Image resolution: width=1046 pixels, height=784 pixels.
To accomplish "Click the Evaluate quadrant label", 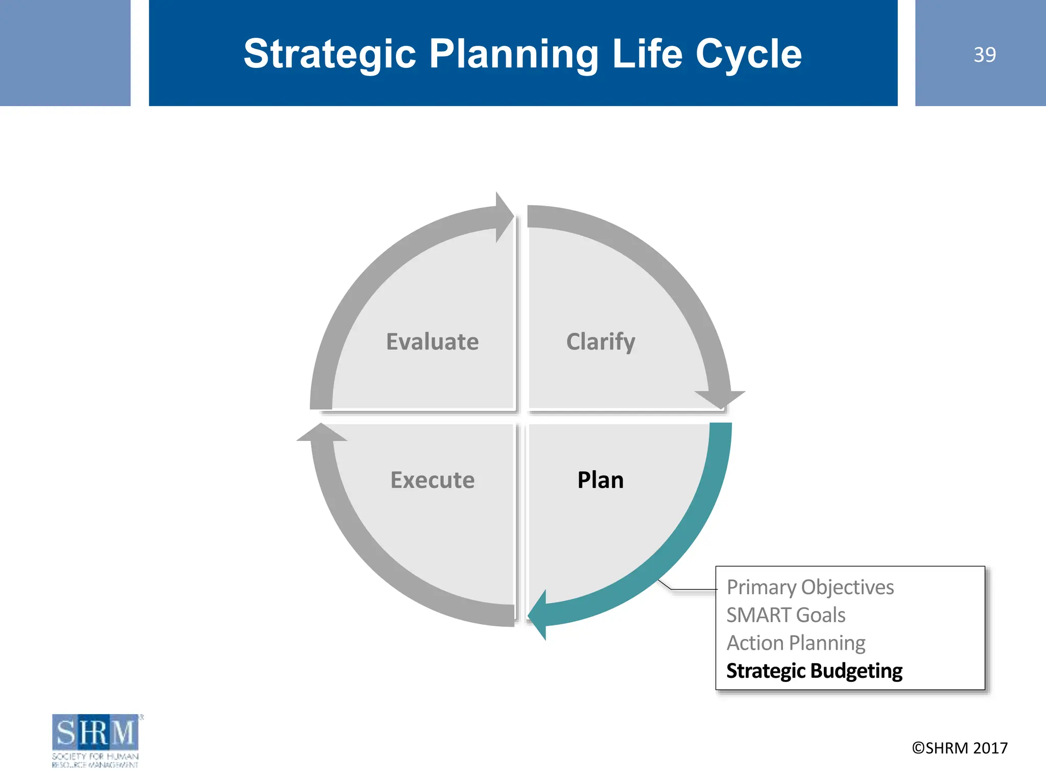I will (x=432, y=341).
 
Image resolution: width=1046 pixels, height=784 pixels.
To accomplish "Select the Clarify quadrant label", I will (x=601, y=341).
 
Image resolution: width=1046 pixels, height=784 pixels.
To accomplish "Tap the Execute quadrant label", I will (x=432, y=480).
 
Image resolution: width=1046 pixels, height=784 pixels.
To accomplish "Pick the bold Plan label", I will (x=600, y=480).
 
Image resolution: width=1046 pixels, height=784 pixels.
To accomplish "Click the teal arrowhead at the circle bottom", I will (x=538, y=615).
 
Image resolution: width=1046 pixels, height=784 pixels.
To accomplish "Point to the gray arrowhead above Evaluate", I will (x=504, y=217).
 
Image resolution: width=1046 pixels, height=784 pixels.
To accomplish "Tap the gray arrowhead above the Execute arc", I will (x=322, y=433).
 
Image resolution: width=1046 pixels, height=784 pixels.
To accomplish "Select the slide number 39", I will (x=984, y=55).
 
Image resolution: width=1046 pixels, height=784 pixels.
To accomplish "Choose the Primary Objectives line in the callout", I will (x=810, y=587).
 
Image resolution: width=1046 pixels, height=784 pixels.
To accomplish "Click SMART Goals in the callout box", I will (x=786, y=615).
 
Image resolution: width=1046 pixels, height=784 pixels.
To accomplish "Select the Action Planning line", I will (x=796, y=643).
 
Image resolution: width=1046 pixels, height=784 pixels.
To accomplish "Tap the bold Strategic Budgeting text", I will (x=814, y=671).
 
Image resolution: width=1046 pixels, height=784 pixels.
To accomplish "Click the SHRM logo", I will (x=96, y=740).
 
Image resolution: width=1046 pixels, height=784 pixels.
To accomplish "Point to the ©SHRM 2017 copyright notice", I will (x=960, y=748).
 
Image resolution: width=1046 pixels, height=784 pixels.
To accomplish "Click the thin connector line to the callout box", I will (x=690, y=590).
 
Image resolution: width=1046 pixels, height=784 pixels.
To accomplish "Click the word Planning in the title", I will (x=514, y=54).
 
